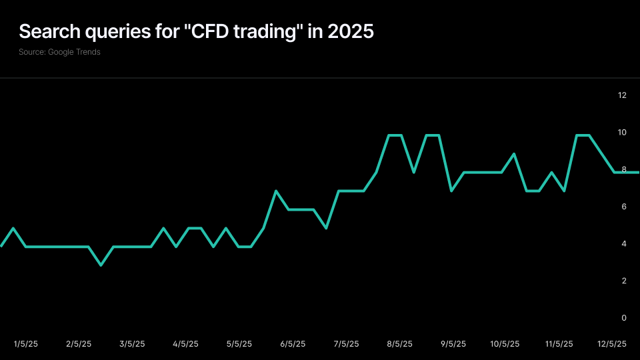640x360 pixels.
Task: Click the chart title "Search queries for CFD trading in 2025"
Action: click(196, 32)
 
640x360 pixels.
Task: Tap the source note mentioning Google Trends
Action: click(60, 52)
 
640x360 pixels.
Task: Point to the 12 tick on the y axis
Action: click(623, 95)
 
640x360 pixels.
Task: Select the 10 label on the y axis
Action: click(623, 133)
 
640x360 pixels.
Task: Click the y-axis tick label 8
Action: click(624, 170)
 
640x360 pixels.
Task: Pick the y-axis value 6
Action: click(624, 207)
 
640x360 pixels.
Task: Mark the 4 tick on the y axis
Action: click(624, 244)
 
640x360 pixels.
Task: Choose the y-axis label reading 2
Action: click(624, 281)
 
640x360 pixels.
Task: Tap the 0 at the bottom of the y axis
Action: click(624, 318)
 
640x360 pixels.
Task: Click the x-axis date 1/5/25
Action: click(26, 344)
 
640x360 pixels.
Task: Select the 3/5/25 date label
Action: click(132, 344)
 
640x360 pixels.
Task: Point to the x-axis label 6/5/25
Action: click(293, 344)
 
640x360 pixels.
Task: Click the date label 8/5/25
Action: click(399, 344)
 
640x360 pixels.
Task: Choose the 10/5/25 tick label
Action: click(505, 344)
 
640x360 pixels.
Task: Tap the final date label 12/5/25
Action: click(611, 344)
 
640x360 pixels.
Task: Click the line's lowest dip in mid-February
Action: click(101, 265)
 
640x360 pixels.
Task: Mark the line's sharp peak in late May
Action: click(276, 191)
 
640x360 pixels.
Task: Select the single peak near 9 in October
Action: click(514, 154)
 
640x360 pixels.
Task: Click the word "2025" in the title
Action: click(349, 32)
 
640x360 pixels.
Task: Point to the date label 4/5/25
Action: click(185, 344)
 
